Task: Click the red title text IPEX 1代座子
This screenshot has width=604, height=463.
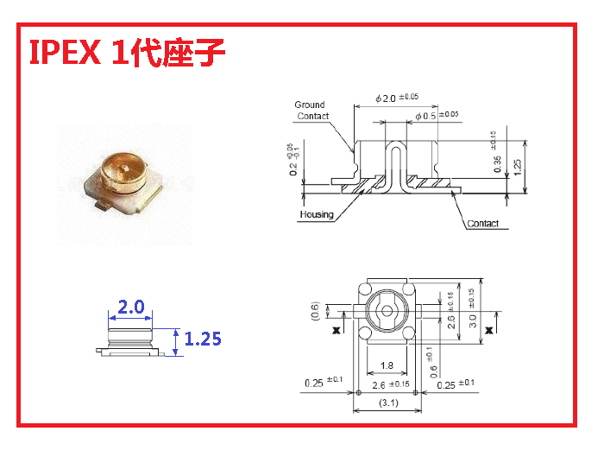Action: pyautogui.click(x=128, y=54)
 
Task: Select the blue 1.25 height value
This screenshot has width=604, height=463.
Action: pyautogui.click(x=203, y=338)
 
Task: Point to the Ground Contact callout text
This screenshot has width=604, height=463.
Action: pyautogui.click(x=311, y=111)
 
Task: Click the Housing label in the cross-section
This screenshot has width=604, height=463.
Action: pyautogui.click(x=317, y=214)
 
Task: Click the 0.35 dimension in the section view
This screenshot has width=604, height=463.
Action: pyautogui.click(x=497, y=164)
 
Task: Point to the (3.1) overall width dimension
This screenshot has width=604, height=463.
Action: pyautogui.click(x=387, y=403)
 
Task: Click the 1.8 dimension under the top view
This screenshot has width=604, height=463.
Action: pyautogui.click(x=387, y=365)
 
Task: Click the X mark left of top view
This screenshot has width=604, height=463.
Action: pyautogui.click(x=336, y=330)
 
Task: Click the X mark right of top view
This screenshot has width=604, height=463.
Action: pyautogui.click(x=489, y=330)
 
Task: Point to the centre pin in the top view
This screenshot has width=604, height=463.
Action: pyautogui.click(x=387, y=311)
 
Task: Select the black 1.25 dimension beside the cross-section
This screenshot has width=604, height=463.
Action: pyautogui.click(x=517, y=166)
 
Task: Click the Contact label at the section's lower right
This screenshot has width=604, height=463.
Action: pyautogui.click(x=482, y=224)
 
